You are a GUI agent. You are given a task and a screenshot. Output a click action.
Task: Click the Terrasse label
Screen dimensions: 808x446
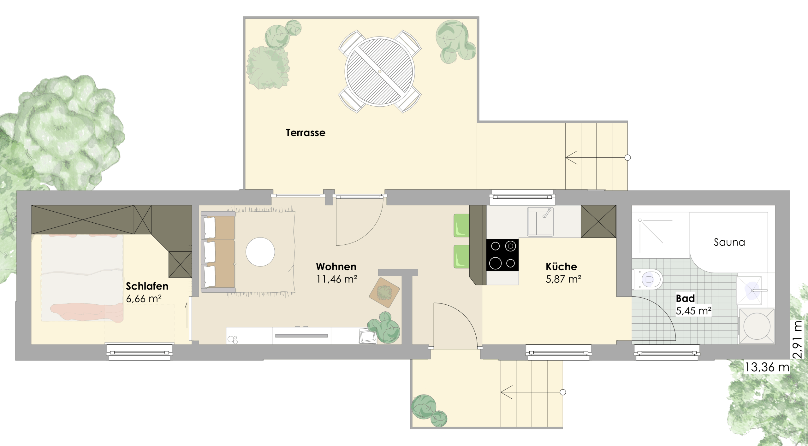(x=306, y=133)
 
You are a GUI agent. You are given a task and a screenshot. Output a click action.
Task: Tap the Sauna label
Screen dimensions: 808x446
(x=729, y=242)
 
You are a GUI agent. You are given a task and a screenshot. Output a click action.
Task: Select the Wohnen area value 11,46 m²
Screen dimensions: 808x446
(x=337, y=279)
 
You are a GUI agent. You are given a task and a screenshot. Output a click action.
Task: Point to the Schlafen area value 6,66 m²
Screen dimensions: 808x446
(x=144, y=299)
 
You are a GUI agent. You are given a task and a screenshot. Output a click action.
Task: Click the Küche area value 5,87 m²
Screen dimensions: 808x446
(x=563, y=279)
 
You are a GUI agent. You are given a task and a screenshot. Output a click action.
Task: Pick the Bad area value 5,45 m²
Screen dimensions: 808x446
(x=693, y=311)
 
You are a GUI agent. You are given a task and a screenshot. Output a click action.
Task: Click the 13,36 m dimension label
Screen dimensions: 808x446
(x=767, y=367)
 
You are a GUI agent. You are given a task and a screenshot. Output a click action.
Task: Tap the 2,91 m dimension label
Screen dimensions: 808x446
(x=798, y=339)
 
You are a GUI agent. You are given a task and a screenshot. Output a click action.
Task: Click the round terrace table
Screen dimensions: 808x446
(x=380, y=72)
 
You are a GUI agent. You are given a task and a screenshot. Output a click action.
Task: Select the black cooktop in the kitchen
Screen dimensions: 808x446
(x=502, y=255)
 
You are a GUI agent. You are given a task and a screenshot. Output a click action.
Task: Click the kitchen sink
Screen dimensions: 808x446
(x=540, y=221)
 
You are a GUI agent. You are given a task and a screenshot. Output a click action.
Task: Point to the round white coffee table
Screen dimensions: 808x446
(x=260, y=252)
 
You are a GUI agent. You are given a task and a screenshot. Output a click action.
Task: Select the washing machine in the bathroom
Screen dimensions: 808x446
(x=757, y=326)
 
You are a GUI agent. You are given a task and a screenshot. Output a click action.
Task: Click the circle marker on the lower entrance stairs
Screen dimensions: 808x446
(x=563, y=392)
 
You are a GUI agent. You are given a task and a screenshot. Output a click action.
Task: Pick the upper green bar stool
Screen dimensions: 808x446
(x=461, y=226)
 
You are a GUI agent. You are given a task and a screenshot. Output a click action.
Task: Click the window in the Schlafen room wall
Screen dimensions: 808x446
(x=140, y=352)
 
